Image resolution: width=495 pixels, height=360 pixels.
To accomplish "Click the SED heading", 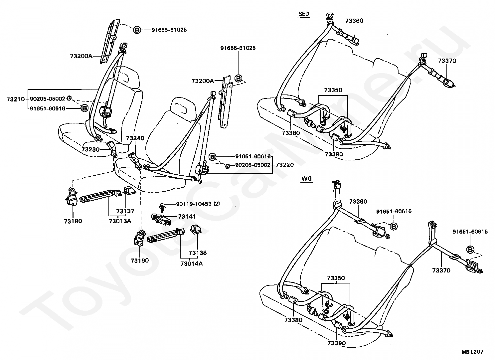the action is pos(304,14).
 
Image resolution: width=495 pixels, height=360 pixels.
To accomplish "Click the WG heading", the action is pos(306,179).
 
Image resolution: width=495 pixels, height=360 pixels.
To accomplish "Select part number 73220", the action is pos(285,165).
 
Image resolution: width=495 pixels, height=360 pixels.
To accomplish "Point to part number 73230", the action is pos(90,150).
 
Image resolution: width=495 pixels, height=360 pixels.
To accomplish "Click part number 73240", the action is pos(135,138).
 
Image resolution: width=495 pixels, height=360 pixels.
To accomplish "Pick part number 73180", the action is pos(73,221).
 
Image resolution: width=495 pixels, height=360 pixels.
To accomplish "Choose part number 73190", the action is pos(140,261).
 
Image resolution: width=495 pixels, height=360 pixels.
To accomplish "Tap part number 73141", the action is pos(187,217).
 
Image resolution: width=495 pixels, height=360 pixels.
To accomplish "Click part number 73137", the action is pos(125,211).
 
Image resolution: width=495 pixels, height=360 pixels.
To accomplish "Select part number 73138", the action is pos(198,253).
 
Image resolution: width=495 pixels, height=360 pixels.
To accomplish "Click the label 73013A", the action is pos(120,221).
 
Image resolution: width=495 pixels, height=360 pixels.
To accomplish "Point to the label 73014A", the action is pos(192,264).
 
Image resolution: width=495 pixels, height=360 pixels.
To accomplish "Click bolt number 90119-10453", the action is pos(194,204).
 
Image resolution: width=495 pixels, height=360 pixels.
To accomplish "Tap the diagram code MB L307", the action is pos(472,352).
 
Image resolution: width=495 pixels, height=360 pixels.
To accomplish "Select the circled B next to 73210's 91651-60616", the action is pos(84,108).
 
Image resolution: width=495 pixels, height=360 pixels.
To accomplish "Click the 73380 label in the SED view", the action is pos(291,133).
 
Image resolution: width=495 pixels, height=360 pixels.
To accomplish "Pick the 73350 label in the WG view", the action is pos(336,278).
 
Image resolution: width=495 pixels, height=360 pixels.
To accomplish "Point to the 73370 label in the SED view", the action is pos(447,61).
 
